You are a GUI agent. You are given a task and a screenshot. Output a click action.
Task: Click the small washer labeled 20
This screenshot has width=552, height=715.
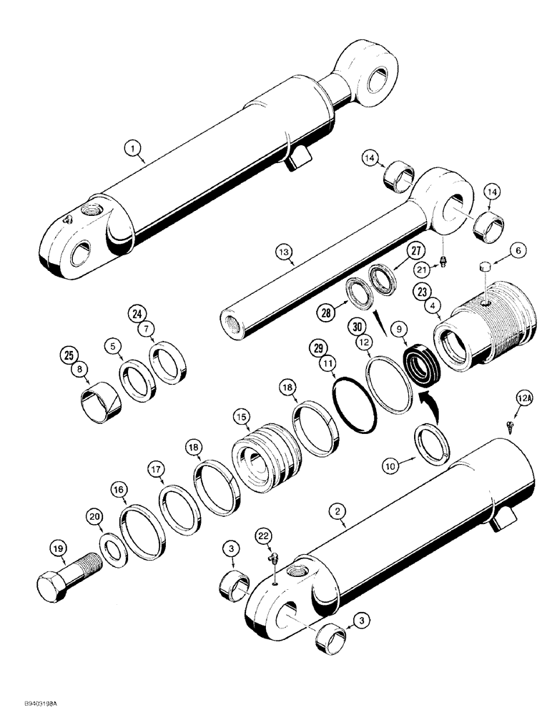tap(112, 550)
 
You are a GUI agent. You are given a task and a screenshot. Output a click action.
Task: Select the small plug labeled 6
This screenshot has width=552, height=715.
tap(483, 267)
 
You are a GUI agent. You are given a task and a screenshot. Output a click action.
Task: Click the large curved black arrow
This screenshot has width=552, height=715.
tap(432, 398)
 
